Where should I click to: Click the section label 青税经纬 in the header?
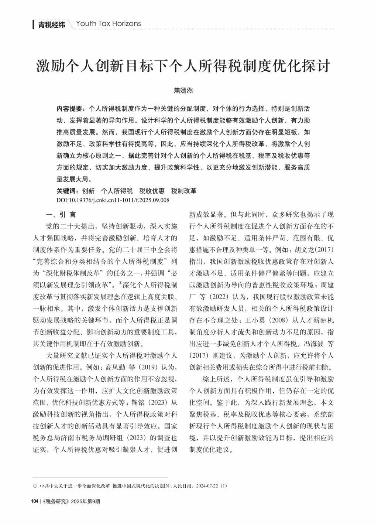pyautogui.click(x=51, y=25)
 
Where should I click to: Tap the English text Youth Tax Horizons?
pyautogui.click(x=108, y=24)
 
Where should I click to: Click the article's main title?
pyautogui.click(x=183, y=66)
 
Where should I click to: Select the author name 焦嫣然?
pyautogui.click(x=183, y=90)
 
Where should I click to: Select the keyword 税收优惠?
pyautogui.click(x=152, y=191)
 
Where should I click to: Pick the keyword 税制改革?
pyautogui.click(x=184, y=191)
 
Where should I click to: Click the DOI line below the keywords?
pyautogui.click(x=113, y=200)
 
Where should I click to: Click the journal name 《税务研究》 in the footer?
pyautogui.click(x=56, y=501)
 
